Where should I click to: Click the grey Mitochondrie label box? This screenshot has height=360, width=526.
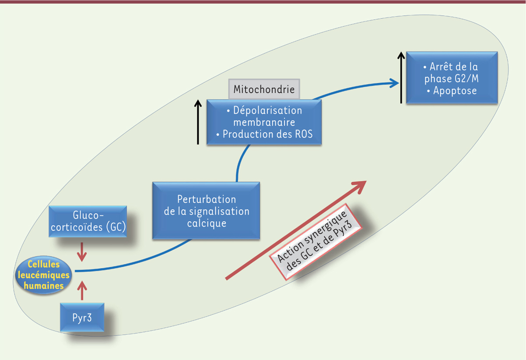[x=264, y=89]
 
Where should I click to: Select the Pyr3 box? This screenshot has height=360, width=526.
[x=82, y=317]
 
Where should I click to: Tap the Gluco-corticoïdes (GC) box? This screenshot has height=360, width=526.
[x=88, y=221]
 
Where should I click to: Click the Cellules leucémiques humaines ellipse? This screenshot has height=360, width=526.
[x=44, y=275]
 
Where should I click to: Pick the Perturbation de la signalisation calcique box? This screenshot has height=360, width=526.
[x=206, y=211]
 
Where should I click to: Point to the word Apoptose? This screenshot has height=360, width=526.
[x=455, y=91]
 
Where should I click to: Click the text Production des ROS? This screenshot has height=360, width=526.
[x=267, y=134]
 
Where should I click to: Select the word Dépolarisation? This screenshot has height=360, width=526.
[x=267, y=110]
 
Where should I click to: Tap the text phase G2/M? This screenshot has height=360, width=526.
[x=451, y=79]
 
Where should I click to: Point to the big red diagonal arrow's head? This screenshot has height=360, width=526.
[x=359, y=187]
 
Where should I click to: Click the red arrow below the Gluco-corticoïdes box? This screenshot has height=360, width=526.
[x=82, y=252]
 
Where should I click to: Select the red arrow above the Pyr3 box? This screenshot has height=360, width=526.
[x=82, y=290]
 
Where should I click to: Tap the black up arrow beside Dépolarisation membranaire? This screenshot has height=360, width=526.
[x=198, y=122]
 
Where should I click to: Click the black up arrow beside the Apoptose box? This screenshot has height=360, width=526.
[x=401, y=78]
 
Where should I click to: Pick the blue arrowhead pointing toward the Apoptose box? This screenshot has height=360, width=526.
[x=394, y=83]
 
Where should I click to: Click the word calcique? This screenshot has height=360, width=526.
[x=206, y=223]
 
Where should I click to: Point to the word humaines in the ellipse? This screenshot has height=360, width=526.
[x=44, y=286]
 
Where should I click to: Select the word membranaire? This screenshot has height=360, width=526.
[x=264, y=122]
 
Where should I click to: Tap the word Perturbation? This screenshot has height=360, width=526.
[x=206, y=199]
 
